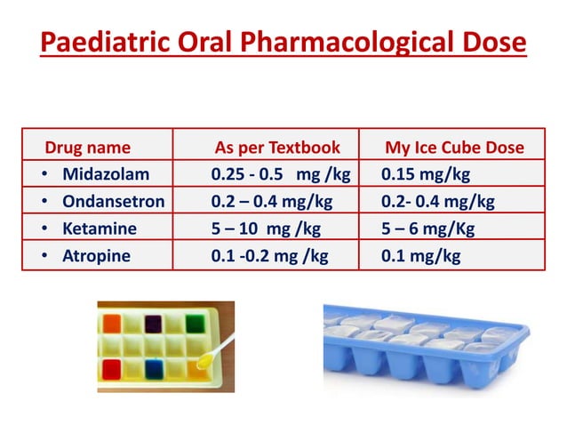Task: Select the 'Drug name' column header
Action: (x=87, y=148)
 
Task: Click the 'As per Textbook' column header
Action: (x=284, y=148)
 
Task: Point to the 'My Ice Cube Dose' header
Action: (x=454, y=148)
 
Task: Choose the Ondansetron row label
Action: (x=113, y=201)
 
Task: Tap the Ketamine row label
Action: (x=100, y=229)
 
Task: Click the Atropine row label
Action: (x=96, y=256)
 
